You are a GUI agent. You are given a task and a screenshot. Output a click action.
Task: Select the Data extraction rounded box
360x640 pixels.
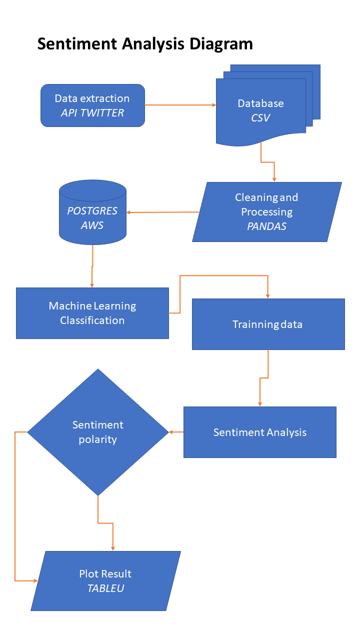tap(92, 105)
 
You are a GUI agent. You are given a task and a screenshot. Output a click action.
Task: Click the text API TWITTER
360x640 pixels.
tap(92, 113)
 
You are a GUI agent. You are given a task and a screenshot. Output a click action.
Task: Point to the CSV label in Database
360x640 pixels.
tap(260, 118)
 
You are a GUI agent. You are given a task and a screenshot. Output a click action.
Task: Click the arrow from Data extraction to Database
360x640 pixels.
tap(180, 105)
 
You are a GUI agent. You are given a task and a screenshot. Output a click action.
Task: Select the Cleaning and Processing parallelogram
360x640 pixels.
tap(267, 211)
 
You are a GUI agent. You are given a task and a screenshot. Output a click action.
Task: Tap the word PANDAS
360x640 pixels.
tap(267, 226)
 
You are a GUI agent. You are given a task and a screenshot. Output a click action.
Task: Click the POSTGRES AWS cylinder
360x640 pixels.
tap(92, 210)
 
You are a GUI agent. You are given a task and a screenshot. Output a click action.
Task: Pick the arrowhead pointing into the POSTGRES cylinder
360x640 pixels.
tap(129, 212)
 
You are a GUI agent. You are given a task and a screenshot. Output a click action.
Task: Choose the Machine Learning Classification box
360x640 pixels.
tap(92, 313)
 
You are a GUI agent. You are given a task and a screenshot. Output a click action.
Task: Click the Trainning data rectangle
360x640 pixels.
tap(268, 324)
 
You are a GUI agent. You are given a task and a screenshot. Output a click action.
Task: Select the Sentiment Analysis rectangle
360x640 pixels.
tap(259, 432)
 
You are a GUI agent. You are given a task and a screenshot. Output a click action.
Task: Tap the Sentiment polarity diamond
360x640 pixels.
tap(98, 432)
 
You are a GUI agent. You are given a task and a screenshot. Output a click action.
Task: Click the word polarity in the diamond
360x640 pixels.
tap(98, 439)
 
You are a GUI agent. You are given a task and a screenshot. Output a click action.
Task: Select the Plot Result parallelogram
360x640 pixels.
tap(105, 580)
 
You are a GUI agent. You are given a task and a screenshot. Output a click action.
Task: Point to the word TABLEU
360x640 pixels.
tap(105, 588)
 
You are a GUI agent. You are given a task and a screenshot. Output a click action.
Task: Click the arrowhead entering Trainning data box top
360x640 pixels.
tap(268, 296)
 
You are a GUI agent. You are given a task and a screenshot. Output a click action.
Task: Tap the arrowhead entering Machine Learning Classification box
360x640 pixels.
tap(92, 285)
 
